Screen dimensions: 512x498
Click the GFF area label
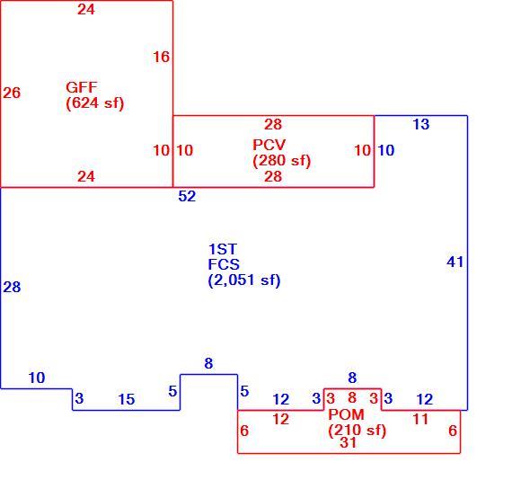tap(82, 87)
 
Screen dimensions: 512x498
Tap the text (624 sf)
tap(95, 103)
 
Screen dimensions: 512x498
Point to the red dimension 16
tap(162, 57)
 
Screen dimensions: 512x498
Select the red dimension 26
tap(12, 93)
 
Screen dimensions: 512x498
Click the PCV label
tap(269, 145)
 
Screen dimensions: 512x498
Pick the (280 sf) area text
tap(281, 160)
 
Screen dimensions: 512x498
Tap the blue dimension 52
tap(187, 196)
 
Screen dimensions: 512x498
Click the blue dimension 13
tap(421, 124)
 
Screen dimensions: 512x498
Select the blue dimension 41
tap(455, 262)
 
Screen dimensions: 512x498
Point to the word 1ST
tap(223, 249)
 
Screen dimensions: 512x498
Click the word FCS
tap(224, 264)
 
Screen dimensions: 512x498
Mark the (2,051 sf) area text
tap(244, 280)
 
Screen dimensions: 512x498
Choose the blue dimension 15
tap(127, 399)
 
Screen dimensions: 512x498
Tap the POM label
tap(346, 414)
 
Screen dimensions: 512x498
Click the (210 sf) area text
tap(358, 430)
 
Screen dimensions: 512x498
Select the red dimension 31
tap(349, 443)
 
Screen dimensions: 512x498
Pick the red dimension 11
tap(420, 419)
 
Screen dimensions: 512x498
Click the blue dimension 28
tap(12, 288)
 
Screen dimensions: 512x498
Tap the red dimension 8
tap(352, 397)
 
